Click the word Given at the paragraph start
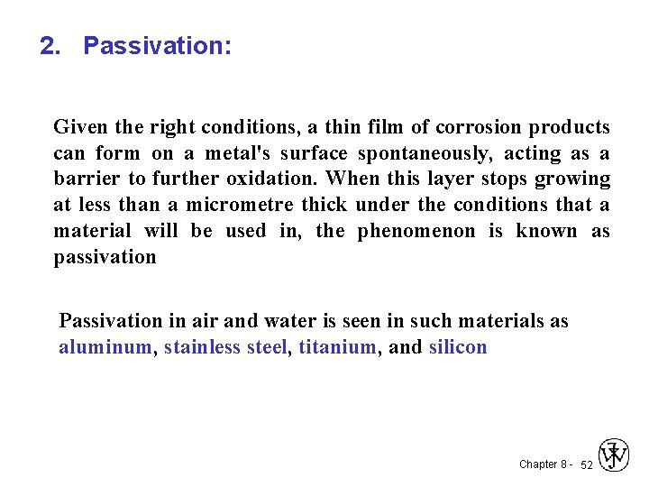78,127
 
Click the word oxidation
278,179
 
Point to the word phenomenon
416,231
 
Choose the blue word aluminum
105,347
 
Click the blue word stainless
203,347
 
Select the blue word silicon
458,347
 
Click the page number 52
587,465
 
